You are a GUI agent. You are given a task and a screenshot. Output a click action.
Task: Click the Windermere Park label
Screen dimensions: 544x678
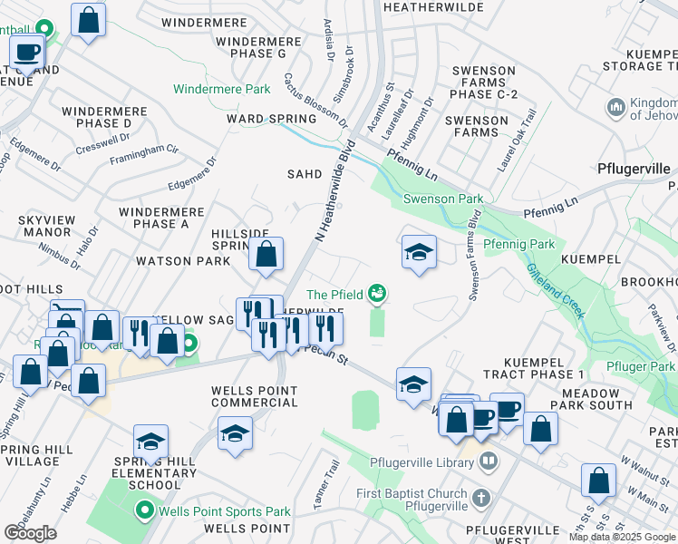coord(222,90)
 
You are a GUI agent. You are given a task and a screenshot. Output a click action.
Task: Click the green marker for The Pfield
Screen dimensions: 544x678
coord(377,293)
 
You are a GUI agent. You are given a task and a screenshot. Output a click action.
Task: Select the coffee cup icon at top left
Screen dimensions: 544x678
coord(27,53)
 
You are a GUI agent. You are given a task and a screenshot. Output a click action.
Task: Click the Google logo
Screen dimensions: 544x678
coord(30,533)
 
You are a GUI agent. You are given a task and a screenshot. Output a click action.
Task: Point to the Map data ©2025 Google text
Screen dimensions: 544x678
coord(621,537)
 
